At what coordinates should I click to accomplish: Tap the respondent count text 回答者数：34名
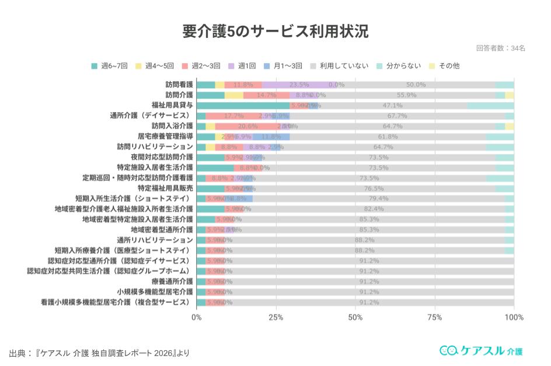tap(500, 48)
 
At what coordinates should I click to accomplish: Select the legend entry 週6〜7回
tap(113, 66)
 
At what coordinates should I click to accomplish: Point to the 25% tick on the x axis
tap(276, 318)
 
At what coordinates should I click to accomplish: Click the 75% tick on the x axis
tap(434, 318)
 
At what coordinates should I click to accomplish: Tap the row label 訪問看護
tap(179, 85)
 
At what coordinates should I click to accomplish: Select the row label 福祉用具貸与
tap(172, 106)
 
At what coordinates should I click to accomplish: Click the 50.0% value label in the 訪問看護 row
tap(416, 85)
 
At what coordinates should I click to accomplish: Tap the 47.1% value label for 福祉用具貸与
tap(392, 106)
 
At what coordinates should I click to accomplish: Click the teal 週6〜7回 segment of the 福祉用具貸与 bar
tap(243, 106)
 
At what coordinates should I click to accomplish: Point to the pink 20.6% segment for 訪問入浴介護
tap(247, 126)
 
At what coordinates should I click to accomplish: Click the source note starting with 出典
tap(99, 353)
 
